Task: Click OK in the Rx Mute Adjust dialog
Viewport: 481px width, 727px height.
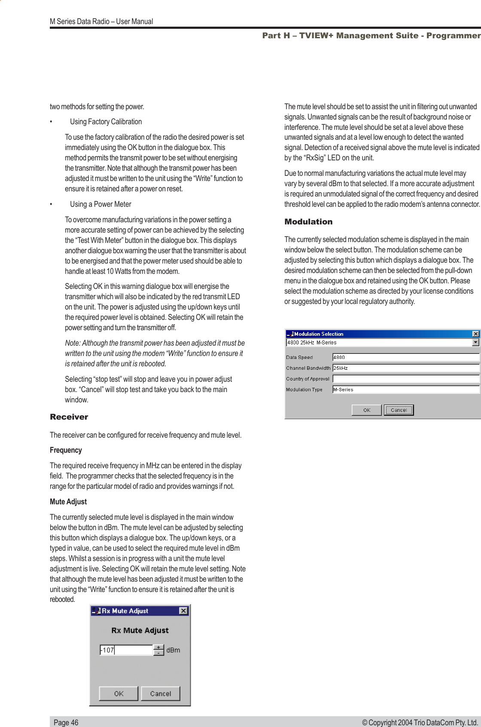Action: pos(119,693)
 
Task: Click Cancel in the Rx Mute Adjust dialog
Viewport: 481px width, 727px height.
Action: pos(161,693)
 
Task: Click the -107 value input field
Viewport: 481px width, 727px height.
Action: pos(126,650)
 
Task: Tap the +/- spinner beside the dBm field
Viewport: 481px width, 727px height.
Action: pos(158,650)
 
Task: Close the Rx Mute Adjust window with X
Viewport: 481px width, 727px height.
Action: pos(183,611)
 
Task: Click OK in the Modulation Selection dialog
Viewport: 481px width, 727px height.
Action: pos(366,410)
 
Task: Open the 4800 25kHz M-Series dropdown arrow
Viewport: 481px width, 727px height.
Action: pos(475,343)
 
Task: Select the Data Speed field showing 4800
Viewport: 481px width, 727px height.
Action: pos(405,357)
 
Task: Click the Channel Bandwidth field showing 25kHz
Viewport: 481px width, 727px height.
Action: pos(405,368)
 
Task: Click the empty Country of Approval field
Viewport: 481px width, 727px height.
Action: pos(405,379)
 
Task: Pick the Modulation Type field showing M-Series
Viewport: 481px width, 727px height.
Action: pos(405,390)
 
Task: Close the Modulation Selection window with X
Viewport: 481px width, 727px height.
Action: pos(475,334)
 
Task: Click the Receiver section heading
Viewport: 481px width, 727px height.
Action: pos(69,417)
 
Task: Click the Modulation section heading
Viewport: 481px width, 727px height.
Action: pos(308,222)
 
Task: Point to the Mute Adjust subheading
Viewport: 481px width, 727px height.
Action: pos(68,502)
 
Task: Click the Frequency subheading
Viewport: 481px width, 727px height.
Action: pos(66,450)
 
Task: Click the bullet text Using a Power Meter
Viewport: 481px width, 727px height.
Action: pos(100,204)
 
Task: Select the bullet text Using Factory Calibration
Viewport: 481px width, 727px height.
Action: pos(106,122)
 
